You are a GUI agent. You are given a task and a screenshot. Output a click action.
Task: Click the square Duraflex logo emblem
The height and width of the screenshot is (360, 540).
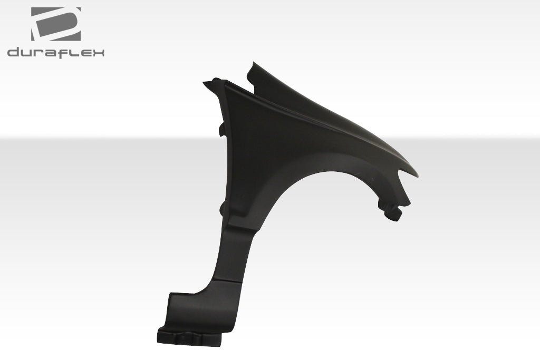[x=55, y=24]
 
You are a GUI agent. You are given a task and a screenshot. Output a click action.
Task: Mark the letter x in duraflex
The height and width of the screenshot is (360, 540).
[x=97, y=53]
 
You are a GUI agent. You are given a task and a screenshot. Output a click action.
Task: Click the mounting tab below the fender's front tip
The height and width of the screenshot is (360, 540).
[x=394, y=212]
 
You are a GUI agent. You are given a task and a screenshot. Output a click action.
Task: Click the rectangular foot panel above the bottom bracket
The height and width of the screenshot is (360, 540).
[x=182, y=311]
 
